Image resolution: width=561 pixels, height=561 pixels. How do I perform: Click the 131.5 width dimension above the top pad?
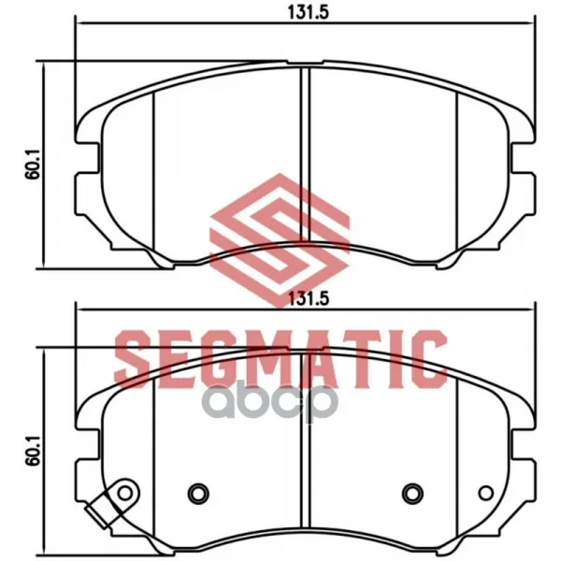[x=308, y=13]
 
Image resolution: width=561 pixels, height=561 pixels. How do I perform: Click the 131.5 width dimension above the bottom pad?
[x=308, y=299]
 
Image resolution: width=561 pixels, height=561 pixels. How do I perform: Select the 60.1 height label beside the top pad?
[x=33, y=165]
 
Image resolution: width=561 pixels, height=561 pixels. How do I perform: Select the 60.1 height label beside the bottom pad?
[x=33, y=450]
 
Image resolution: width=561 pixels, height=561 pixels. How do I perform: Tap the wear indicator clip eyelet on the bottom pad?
[x=125, y=494]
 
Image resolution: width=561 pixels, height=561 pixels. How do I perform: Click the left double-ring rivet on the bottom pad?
[x=198, y=494]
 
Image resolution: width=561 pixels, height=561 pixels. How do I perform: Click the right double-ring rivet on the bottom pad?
[x=413, y=494]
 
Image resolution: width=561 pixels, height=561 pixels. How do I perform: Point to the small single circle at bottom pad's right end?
[x=486, y=493]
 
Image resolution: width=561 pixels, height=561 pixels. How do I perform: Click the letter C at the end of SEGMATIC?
[x=431, y=359]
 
